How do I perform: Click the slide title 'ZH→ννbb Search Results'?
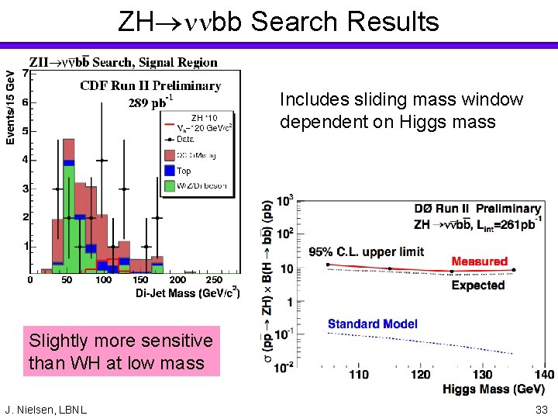278,21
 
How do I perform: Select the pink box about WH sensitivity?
120,351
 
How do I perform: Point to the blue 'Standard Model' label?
372,324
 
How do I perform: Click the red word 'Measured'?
480,261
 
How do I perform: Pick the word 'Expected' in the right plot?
478,286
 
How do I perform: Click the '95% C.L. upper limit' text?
367,252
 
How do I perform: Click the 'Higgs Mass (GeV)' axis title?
494,389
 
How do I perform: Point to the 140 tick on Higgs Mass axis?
544,375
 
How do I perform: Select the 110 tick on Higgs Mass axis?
358,375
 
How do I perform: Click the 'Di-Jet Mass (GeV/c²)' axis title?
188,293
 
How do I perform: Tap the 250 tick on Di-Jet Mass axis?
214,280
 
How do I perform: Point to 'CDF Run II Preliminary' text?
150,85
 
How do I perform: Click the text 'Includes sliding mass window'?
401,100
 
